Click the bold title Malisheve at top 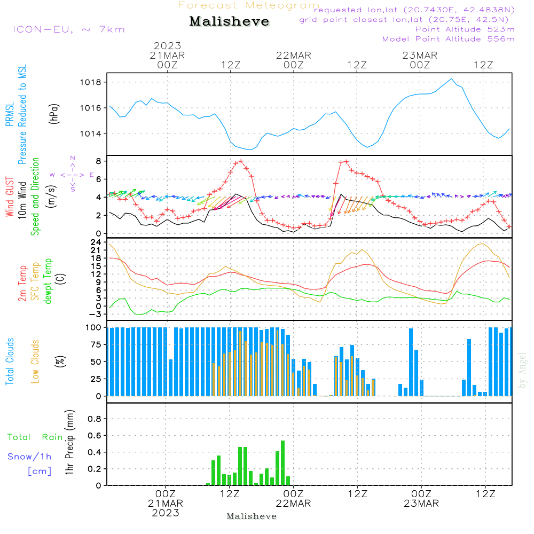pos(230,22)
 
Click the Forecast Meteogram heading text pos(249,5)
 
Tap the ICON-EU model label pos(68,29)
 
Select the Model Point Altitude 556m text pos(449,39)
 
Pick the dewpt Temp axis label pos(49,281)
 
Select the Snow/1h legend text pos(29,457)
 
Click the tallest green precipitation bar pos(282,462)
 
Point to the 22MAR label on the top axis pos(293,56)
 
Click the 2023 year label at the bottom pos(166,513)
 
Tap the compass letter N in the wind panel pos(73,158)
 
